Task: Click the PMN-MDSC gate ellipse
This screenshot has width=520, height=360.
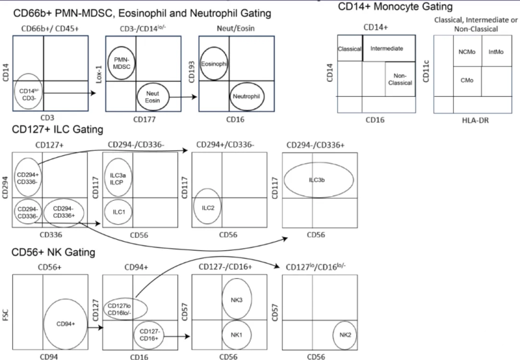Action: point(109,63)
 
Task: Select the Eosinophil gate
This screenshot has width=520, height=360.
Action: point(201,64)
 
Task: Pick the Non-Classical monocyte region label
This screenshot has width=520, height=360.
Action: point(400,79)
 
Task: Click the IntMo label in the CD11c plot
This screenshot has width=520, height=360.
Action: point(496,52)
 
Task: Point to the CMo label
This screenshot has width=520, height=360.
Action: point(467,80)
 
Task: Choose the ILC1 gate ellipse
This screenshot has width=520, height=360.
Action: point(105,212)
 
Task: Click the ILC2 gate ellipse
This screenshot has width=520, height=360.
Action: point(194,207)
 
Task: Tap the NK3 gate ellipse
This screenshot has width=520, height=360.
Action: point(222,299)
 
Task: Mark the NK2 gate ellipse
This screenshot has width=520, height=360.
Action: point(333,335)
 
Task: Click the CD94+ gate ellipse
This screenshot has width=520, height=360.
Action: point(44,324)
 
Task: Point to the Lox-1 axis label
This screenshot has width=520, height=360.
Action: point(99,74)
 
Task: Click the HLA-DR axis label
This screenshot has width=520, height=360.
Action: point(475,120)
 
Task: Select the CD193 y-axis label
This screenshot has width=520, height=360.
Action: point(191,71)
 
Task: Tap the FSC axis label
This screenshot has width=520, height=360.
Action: point(6,315)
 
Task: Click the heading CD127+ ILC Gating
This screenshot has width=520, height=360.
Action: point(58,129)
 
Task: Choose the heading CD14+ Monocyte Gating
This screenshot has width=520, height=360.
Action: point(395,6)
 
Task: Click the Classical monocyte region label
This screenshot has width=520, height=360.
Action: point(350,49)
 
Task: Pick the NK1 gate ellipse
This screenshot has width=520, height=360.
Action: point(222,335)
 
